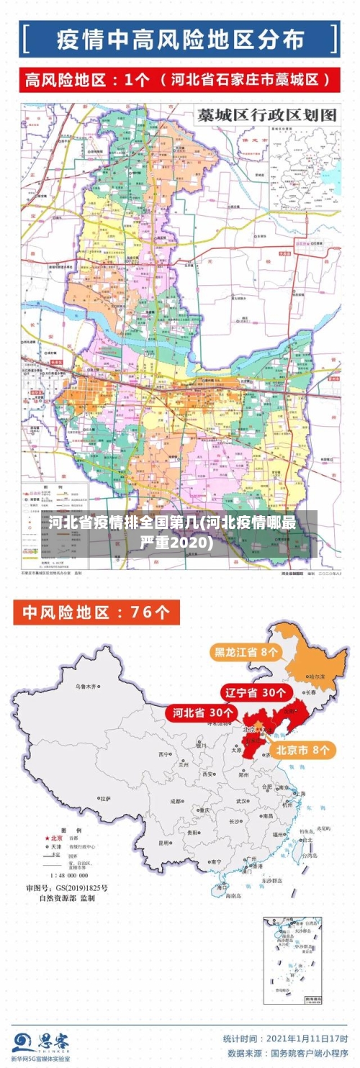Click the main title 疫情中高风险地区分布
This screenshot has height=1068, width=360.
click(x=180, y=40)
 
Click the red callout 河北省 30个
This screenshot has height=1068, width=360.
click(x=203, y=712)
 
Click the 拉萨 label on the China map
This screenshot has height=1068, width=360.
click(x=106, y=798)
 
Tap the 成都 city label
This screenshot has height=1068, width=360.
click(x=176, y=800)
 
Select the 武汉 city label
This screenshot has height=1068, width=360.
click(x=241, y=800)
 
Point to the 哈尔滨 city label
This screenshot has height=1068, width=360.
click(x=318, y=676)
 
